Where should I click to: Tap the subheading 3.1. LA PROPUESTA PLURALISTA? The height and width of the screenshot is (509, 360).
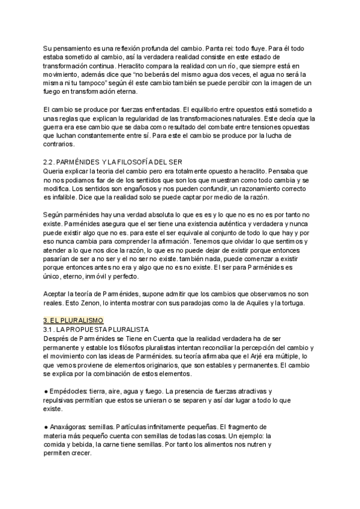[x=95, y=330]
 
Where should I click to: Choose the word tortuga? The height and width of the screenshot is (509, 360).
[x=290, y=303]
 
